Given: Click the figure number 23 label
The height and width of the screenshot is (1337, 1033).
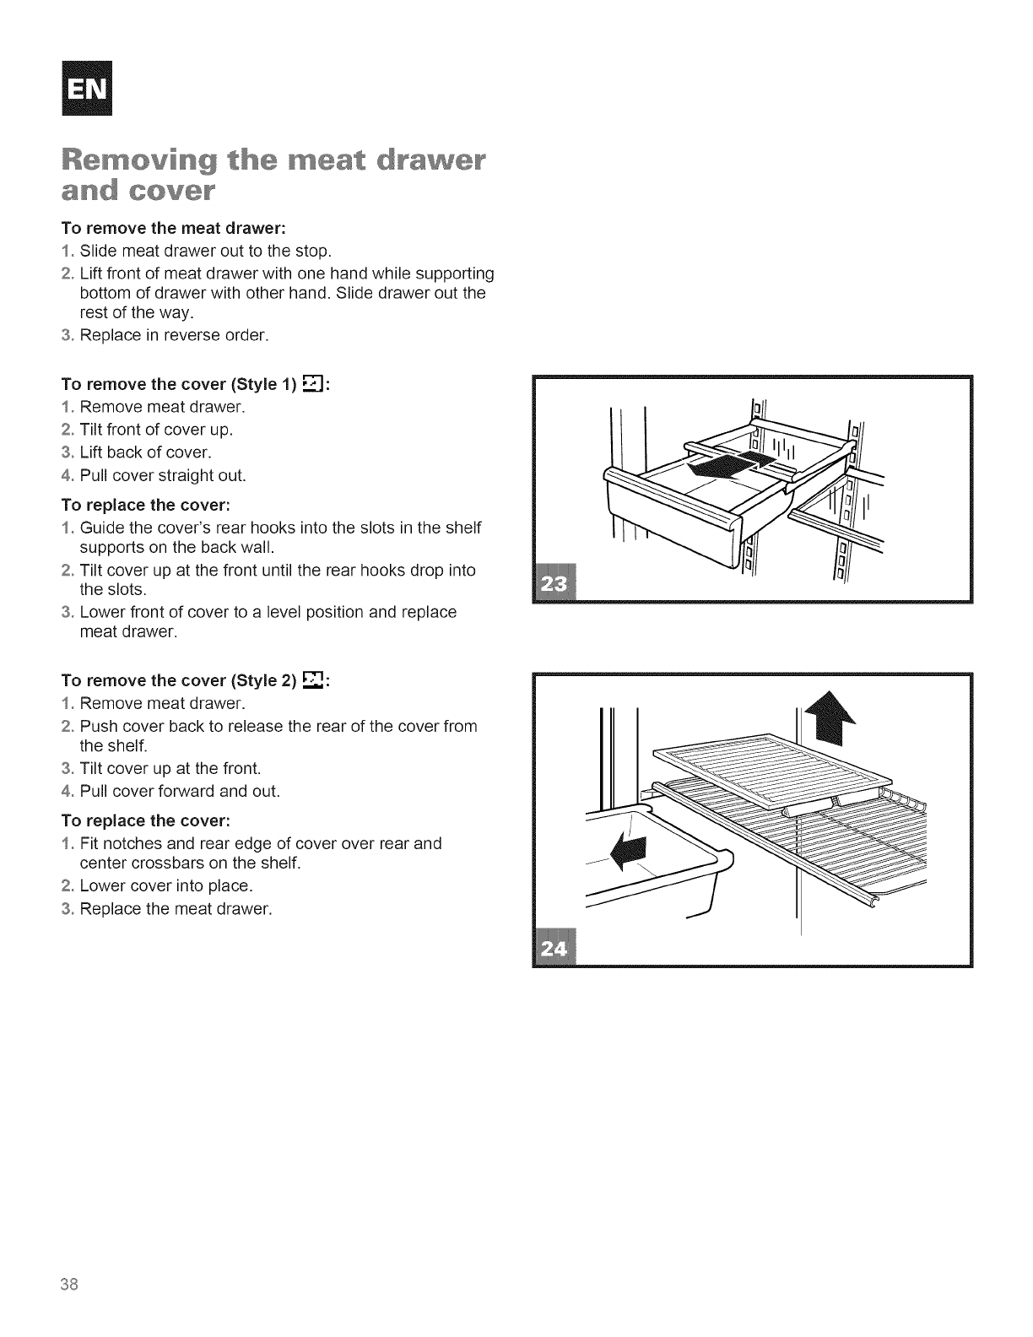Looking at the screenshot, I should click(557, 582).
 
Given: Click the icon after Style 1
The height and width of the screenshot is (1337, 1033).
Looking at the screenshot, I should click(312, 384).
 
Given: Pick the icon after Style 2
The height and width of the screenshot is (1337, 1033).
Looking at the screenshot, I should click(312, 679).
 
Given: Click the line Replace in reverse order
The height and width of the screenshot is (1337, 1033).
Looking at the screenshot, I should click(175, 336).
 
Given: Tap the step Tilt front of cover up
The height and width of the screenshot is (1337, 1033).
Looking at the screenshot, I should click(156, 430).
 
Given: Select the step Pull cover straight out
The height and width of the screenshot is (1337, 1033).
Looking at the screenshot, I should click(162, 475).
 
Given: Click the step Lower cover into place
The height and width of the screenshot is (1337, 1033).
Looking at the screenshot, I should click(166, 886).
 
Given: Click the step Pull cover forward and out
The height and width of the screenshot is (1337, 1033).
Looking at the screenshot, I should click(180, 791).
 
